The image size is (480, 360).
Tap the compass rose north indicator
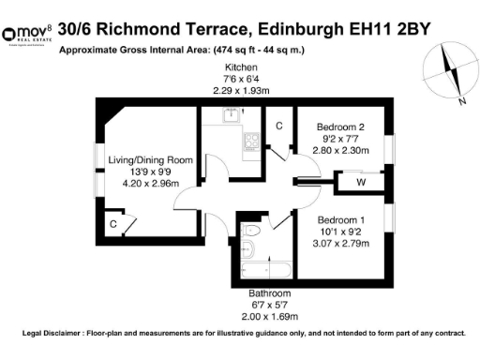tap(448, 76)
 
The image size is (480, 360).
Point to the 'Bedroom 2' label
tap(341, 126)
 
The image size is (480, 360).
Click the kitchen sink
tap(229, 116)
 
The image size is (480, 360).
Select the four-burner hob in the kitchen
tap(252, 142)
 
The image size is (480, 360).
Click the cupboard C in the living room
tap(113, 224)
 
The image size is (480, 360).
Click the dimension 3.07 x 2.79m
tap(341, 245)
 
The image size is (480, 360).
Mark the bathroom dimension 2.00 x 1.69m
tap(242, 316)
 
